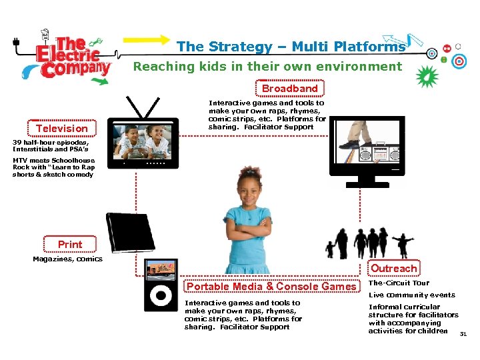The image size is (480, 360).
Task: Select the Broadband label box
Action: (289, 88)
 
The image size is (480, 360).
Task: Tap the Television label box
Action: (62, 128)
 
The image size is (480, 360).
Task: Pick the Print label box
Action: (70, 245)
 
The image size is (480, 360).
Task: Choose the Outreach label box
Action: (394, 268)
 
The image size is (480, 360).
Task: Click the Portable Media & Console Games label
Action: (271, 287)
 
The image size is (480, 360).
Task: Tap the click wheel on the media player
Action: (161, 296)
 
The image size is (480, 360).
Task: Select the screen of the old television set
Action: (145, 141)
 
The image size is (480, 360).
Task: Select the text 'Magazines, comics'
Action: (68, 259)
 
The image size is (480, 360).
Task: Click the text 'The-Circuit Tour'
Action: (399, 283)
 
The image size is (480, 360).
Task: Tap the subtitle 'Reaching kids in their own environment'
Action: (268, 66)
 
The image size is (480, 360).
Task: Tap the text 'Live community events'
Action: (412, 295)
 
